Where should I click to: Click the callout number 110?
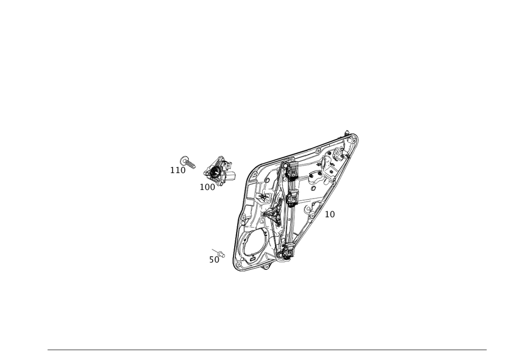coord(177,170)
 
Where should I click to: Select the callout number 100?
coord(207,187)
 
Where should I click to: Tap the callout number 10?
coord(330,215)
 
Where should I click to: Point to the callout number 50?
coord(214,260)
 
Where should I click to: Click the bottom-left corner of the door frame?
coord(235,267)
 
